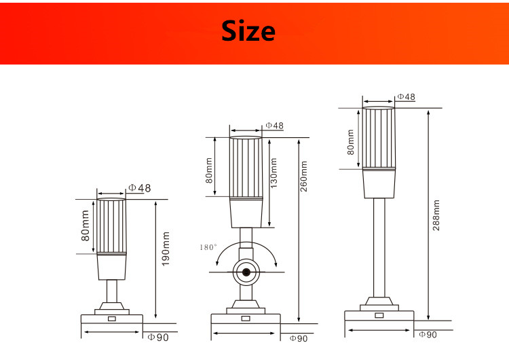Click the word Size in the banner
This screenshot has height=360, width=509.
tap(248, 31)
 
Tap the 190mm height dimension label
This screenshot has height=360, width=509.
tap(166, 249)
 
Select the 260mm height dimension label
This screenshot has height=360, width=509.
tap(303, 176)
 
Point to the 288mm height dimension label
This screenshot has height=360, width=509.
tap(436, 215)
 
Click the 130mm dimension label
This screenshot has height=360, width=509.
tap(274, 173)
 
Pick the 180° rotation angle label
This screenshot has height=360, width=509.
tap(208, 247)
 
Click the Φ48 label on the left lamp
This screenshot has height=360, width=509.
tap(140, 187)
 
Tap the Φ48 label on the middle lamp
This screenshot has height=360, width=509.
tap(274, 126)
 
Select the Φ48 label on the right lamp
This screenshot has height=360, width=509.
tap(406, 96)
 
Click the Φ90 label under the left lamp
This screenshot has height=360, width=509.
tap(158, 338)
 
